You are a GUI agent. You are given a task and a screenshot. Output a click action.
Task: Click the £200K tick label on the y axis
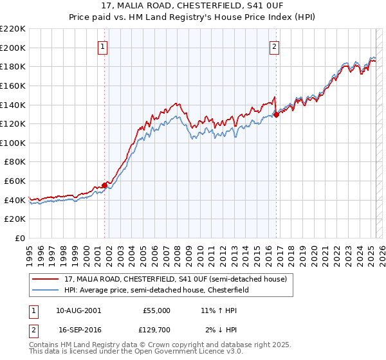point(13,48)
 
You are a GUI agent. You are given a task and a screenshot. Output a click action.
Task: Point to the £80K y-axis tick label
point(15,162)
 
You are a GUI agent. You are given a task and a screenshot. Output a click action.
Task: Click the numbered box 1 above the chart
point(103,46)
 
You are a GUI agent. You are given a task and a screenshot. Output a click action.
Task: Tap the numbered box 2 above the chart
point(275,46)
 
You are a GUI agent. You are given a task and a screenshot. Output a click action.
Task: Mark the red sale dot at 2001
point(104,185)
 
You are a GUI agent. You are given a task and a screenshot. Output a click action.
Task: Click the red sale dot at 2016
point(276,114)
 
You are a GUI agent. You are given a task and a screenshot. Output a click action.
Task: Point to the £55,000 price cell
point(156,310)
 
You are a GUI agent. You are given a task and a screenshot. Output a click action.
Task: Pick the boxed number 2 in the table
point(33,330)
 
